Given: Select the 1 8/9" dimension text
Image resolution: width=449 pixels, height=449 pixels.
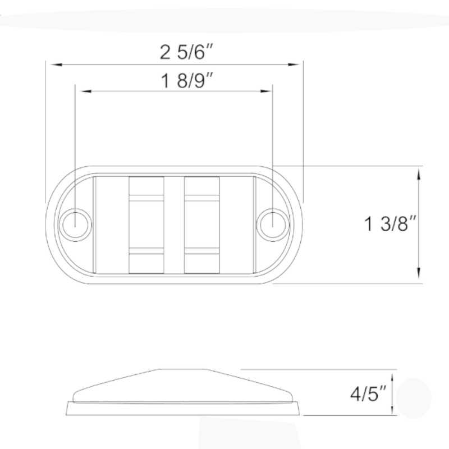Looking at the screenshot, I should [x=189, y=81].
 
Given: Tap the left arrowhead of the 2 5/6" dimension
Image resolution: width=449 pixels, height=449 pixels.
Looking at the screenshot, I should [x=55, y=65].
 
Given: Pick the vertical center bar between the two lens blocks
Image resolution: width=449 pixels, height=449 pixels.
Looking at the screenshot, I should [x=174, y=225].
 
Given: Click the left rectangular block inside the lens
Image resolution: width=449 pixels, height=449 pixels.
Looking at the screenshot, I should [x=146, y=225].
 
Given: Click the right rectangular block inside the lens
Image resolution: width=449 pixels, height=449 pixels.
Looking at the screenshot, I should [x=201, y=225].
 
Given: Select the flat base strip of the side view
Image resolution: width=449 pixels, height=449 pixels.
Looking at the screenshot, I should [x=183, y=409].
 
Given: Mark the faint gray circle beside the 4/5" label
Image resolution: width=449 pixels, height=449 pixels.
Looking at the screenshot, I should [x=414, y=398].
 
